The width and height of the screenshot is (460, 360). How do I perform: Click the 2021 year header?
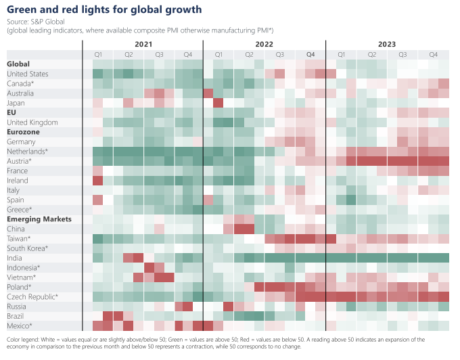143,44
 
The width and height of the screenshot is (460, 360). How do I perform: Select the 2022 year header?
264,44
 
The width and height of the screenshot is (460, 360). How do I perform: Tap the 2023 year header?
387,44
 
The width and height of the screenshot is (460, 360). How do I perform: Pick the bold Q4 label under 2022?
310,54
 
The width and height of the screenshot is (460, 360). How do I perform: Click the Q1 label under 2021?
97,54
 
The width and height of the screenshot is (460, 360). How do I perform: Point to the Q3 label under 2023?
402,54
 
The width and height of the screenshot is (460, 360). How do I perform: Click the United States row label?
27,74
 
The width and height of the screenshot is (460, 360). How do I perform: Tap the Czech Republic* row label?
32,297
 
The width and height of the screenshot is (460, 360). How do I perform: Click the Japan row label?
16,103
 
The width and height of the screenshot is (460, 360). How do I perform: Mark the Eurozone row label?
23,132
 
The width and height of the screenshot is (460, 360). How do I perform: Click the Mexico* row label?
20,326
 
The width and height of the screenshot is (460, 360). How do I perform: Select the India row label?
14,258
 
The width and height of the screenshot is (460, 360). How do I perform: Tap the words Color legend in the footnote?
24,339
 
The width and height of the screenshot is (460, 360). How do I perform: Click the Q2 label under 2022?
249,54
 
